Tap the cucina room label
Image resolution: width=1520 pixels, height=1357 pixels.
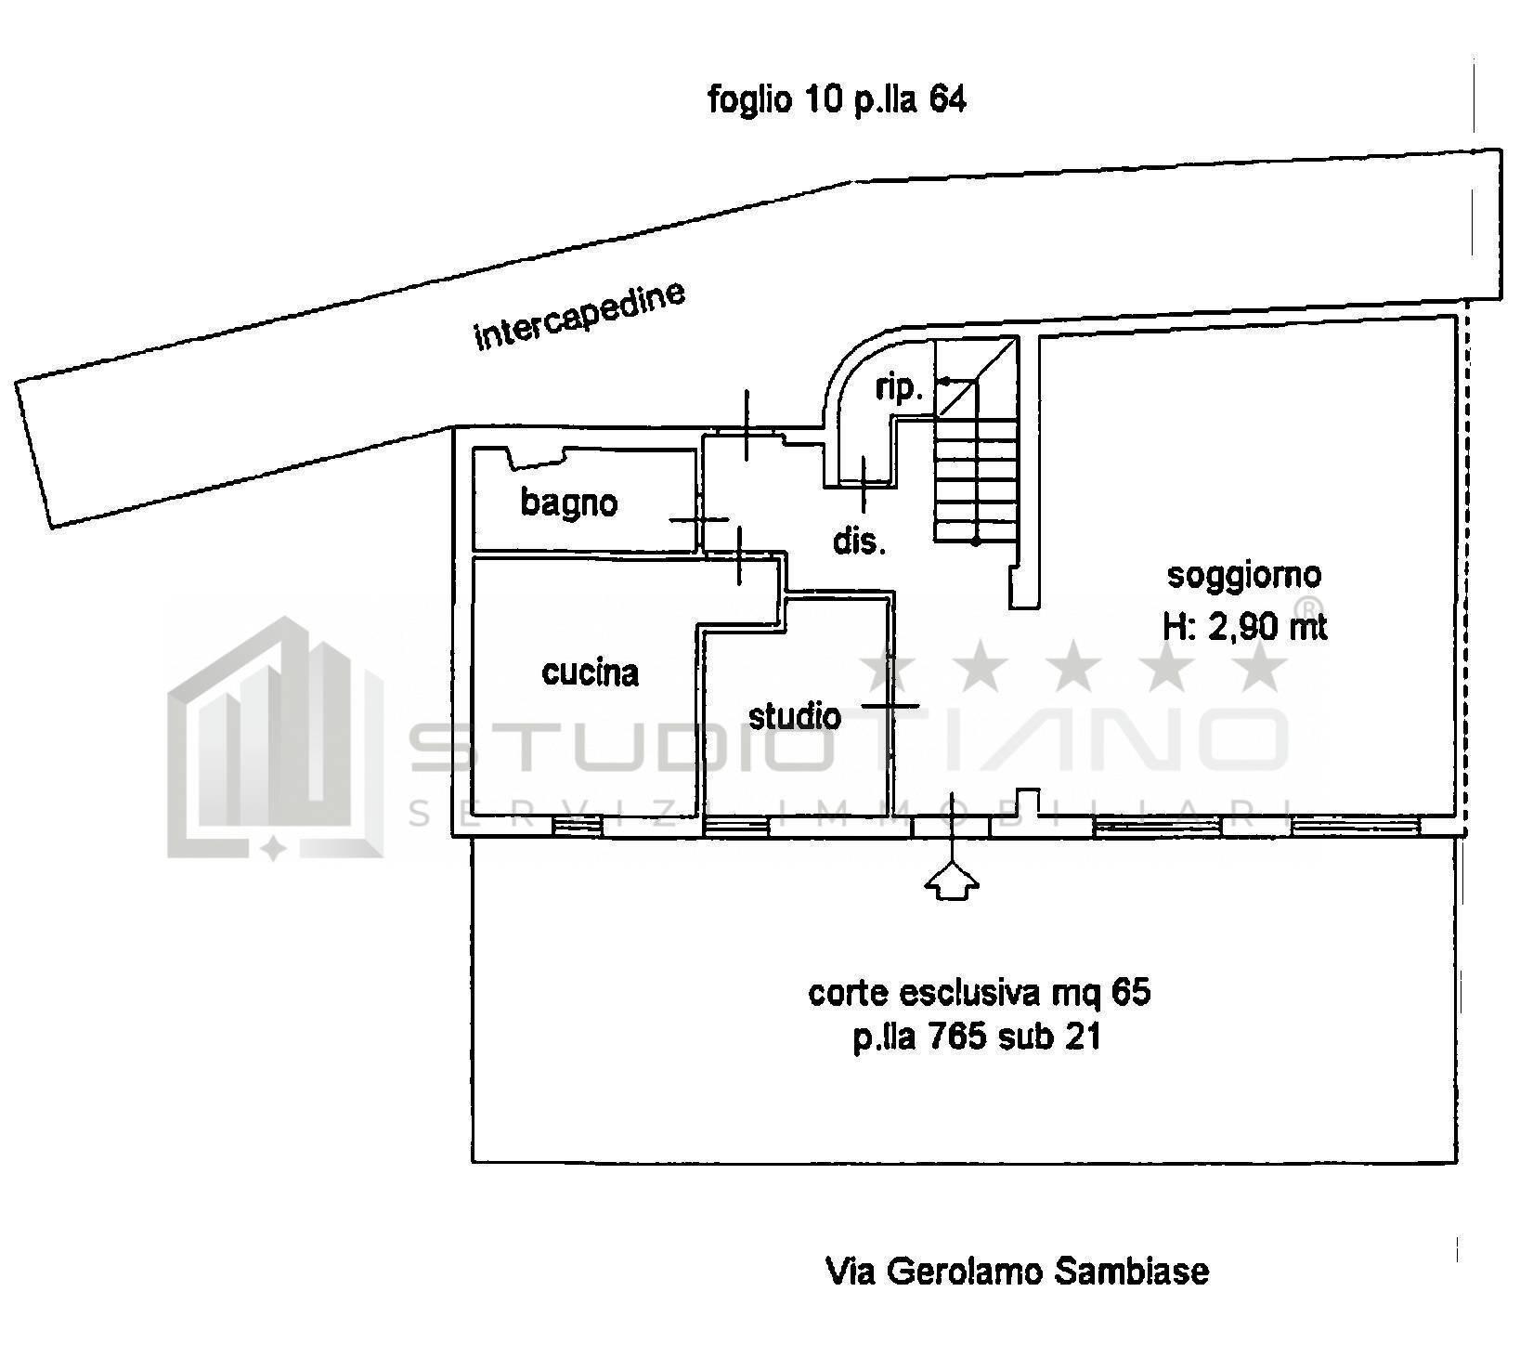click(591, 672)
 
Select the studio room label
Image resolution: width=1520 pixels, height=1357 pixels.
click(795, 716)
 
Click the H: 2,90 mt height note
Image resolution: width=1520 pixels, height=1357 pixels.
click(1244, 628)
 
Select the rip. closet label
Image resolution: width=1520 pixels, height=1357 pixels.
click(899, 390)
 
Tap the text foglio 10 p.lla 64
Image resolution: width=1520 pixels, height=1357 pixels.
click(837, 98)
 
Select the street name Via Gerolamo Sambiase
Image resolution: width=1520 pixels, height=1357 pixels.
click(1018, 1271)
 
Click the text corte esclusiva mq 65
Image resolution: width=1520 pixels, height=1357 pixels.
click(980, 993)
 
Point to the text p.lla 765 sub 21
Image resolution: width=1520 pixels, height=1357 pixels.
click(978, 1037)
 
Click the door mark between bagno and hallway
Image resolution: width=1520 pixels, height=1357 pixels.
click(699, 521)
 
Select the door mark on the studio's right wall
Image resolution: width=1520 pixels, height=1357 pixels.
click(890, 706)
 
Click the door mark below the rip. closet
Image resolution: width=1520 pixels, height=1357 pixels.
click(864, 483)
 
